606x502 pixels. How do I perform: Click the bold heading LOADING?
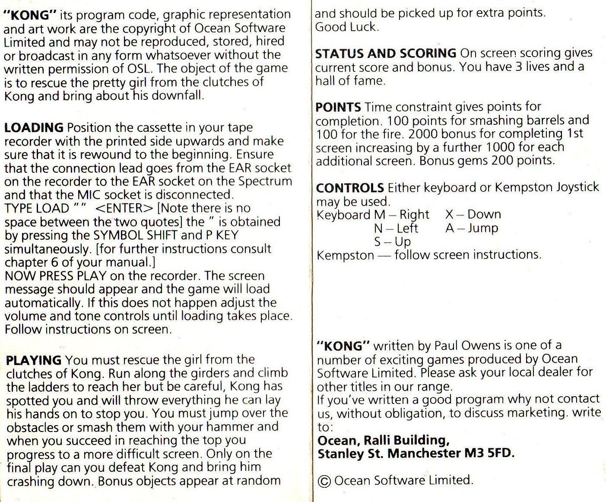34,128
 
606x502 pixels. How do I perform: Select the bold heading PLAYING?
34,360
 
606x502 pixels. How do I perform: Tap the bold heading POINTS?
338,107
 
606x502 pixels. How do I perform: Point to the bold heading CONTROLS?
350,188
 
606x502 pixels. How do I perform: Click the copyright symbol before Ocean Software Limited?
324,481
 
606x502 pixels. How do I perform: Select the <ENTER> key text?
124,208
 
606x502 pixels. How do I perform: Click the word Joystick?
577,187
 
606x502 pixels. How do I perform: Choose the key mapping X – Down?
473,214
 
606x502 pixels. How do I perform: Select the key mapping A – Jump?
472,228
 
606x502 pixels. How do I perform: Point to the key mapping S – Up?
392,241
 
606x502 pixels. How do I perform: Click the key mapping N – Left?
396,228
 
